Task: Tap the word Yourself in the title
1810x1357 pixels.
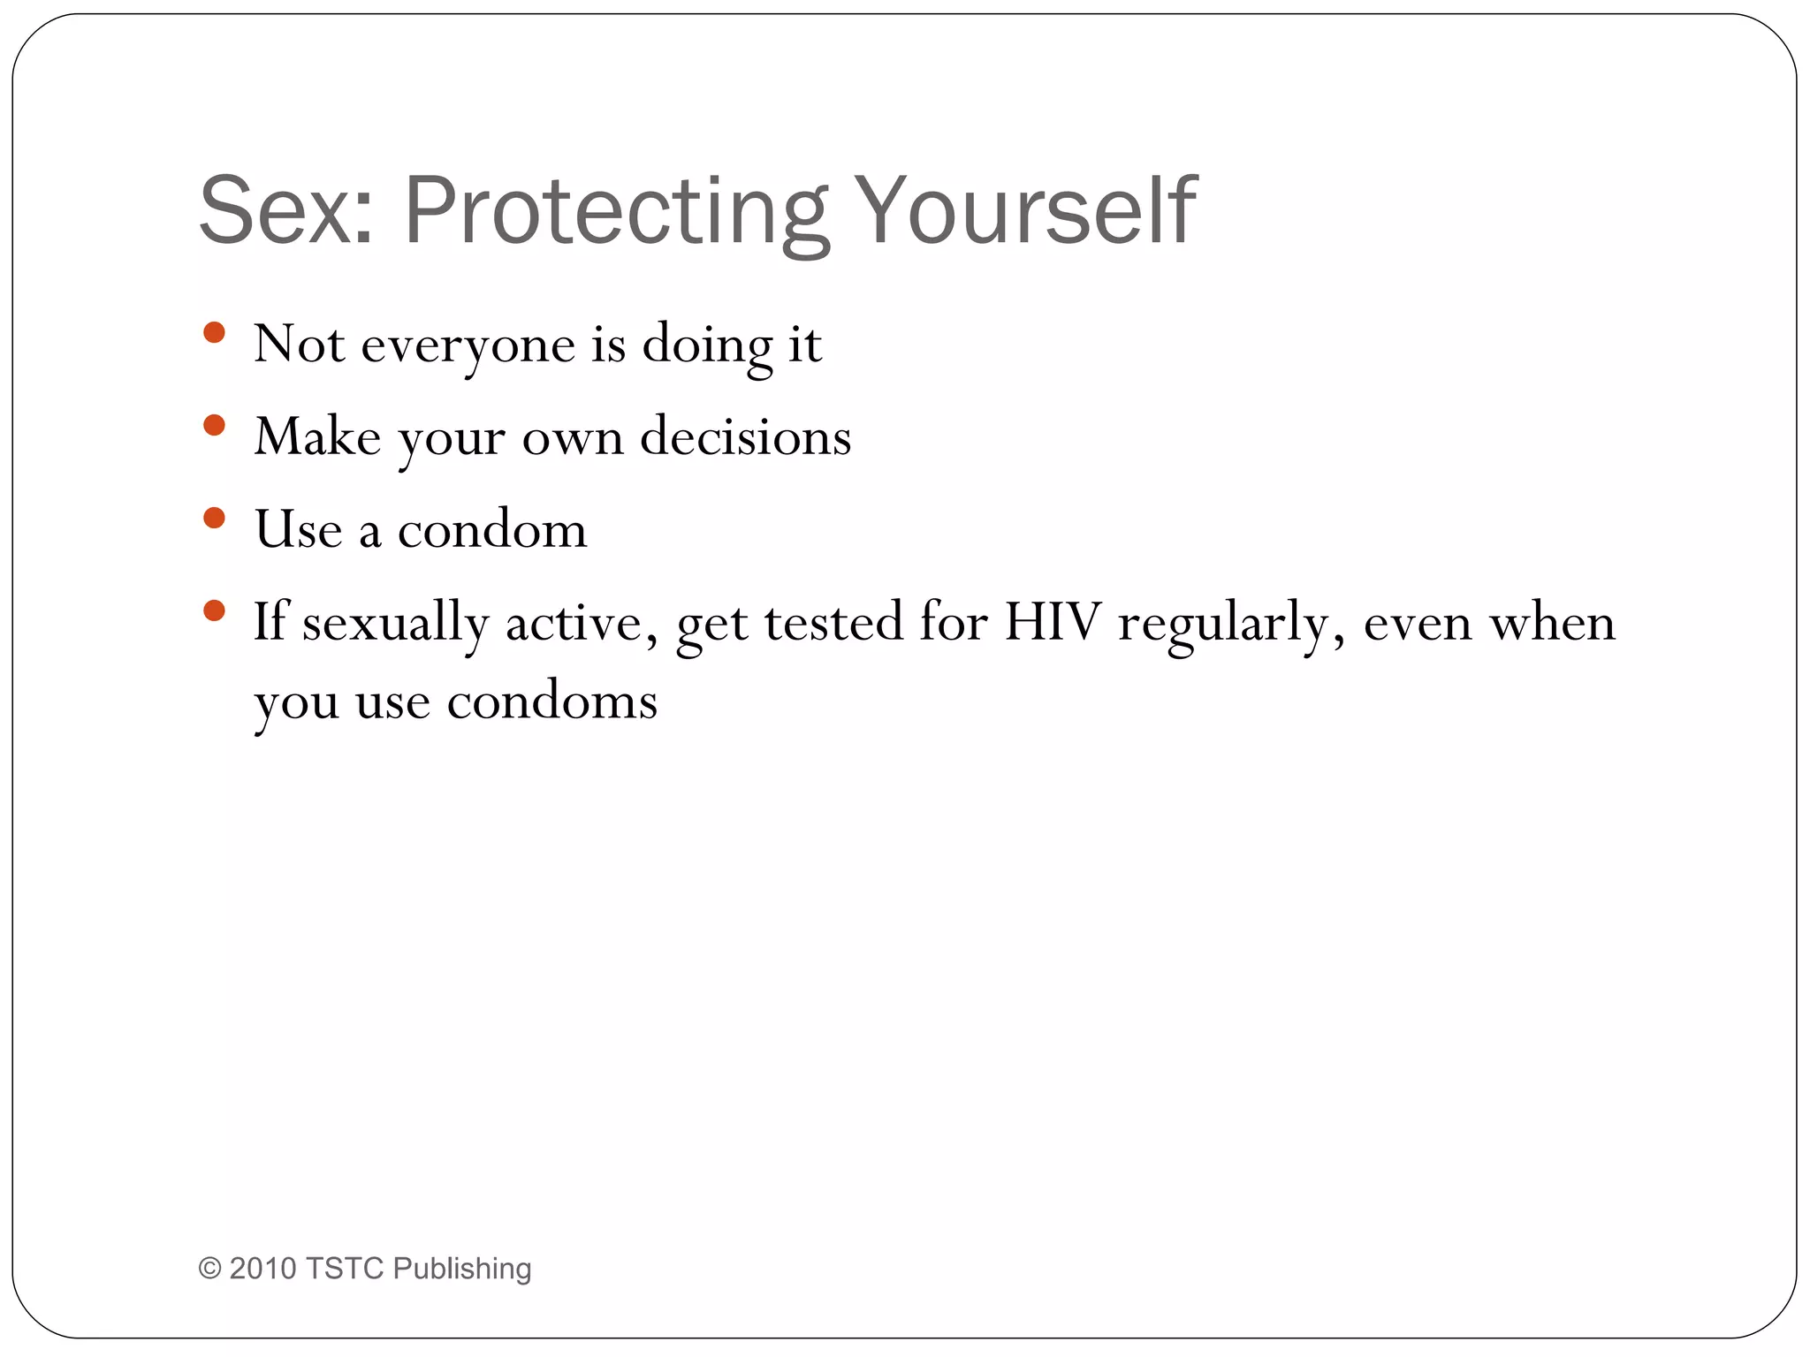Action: (x=1025, y=212)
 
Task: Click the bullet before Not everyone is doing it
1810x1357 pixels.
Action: (x=214, y=333)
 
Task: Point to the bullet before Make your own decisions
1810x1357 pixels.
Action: (x=214, y=426)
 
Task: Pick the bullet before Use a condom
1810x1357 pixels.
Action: (x=214, y=518)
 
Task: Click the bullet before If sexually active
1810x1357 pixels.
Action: (x=214, y=610)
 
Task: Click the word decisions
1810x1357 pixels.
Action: (x=745, y=437)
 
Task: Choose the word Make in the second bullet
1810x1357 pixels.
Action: (x=317, y=437)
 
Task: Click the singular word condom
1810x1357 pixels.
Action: (x=492, y=531)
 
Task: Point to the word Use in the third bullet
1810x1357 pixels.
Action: (x=298, y=531)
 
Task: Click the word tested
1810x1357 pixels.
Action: (x=833, y=623)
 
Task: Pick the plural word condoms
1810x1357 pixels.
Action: (x=552, y=702)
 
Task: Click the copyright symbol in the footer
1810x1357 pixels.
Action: (x=209, y=1269)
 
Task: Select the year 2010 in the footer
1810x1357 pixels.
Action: (x=262, y=1269)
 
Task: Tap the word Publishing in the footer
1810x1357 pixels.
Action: (x=461, y=1269)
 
